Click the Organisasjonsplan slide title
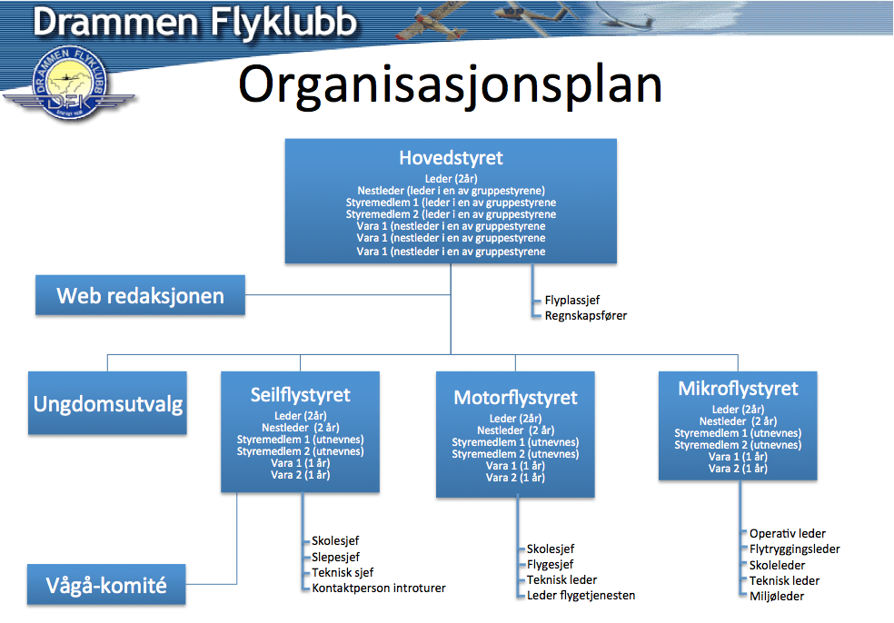(450, 84)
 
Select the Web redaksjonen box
(140, 295)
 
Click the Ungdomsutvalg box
(107, 403)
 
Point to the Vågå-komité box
(106, 585)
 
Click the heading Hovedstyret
(451, 158)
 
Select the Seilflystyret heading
(301, 395)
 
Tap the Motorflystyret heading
(515, 398)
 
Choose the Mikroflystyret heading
(738, 389)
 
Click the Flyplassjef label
(572, 299)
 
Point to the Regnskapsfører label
(585, 315)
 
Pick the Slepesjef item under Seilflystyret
(336, 557)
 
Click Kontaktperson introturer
(378, 588)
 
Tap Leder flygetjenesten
(581, 596)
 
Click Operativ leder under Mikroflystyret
(787, 534)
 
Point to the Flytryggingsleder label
(794, 549)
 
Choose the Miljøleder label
(776, 596)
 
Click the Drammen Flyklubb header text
(194, 22)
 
